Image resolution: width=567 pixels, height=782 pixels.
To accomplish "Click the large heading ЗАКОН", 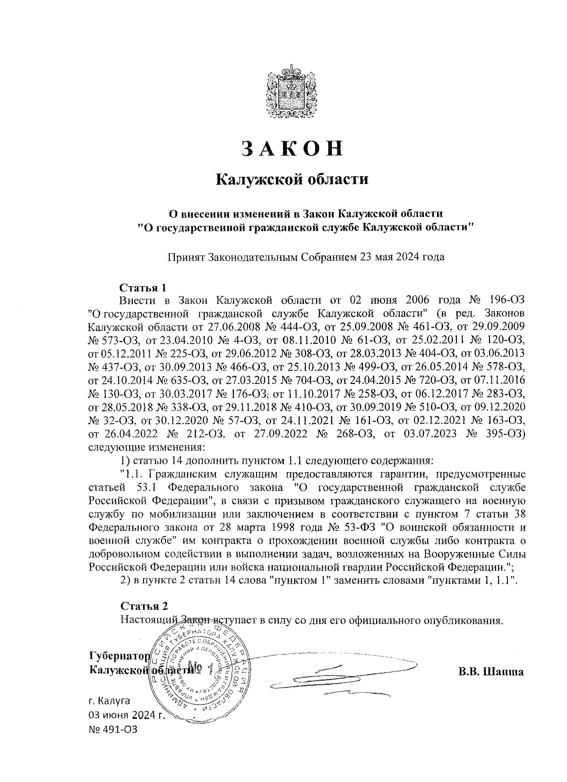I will (x=292, y=148).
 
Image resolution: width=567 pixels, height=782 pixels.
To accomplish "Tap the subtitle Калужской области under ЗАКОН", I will (x=292, y=180).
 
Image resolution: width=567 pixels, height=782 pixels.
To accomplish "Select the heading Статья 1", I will (x=143, y=288).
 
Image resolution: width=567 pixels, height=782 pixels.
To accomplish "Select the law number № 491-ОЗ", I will (x=112, y=730).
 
